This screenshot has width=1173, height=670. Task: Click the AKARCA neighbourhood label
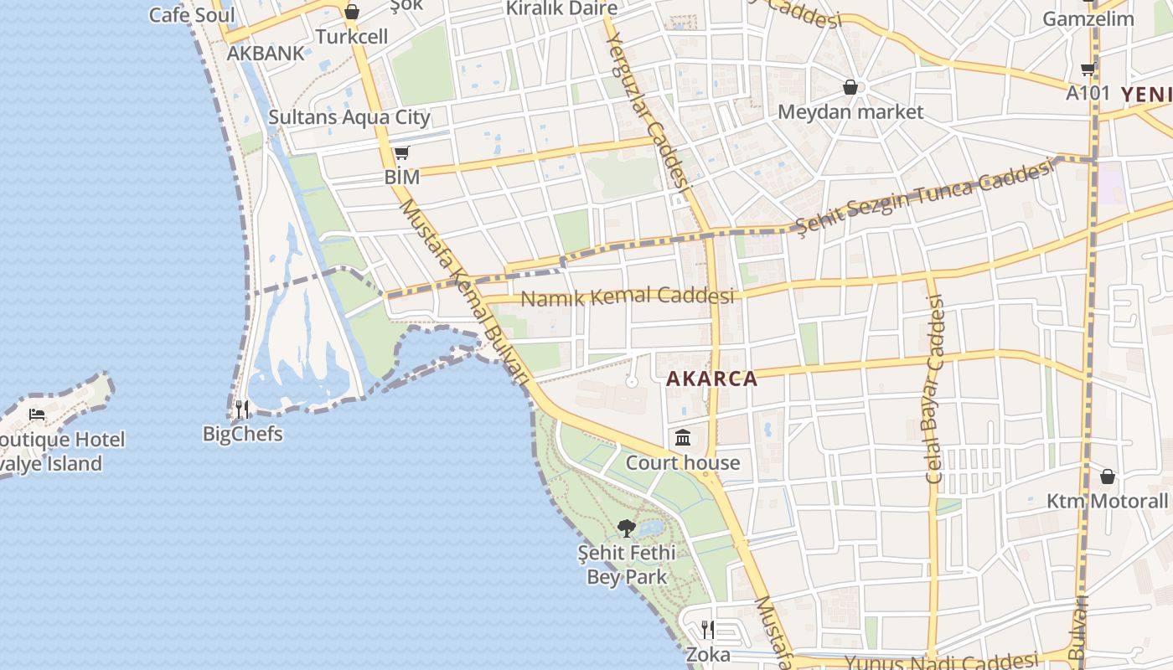tap(711, 379)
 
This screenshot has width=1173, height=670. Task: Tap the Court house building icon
tap(683, 438)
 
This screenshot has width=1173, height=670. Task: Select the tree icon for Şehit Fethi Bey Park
tap(626, 528)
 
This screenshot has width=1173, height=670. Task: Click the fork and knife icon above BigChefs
tap(242, 409)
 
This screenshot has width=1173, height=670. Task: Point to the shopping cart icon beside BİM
tap(401, 153)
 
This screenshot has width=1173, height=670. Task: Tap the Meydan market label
tap(850, 112)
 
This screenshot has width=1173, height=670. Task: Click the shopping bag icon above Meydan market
tap(850, 87)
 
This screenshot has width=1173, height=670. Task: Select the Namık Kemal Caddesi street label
tap(627, 296)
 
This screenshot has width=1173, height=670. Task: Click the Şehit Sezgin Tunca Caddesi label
tap(923, 198)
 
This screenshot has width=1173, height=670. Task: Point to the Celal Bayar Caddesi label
tap(935, 389)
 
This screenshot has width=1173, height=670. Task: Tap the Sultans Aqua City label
tap(349, 117)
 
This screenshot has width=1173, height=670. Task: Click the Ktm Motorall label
tap(1107, 502)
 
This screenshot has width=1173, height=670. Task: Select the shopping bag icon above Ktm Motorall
tap(1108, 477)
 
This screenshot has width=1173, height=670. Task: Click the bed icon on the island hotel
tap(37, 415)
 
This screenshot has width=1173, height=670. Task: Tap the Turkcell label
tap(352, 37)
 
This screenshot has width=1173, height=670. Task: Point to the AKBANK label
tap(266, 54)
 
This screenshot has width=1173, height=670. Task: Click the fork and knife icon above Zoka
tap(708, 629)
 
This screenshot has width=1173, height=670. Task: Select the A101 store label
tap(1088, 93)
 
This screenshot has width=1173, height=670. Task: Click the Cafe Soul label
tap(192, 15)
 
